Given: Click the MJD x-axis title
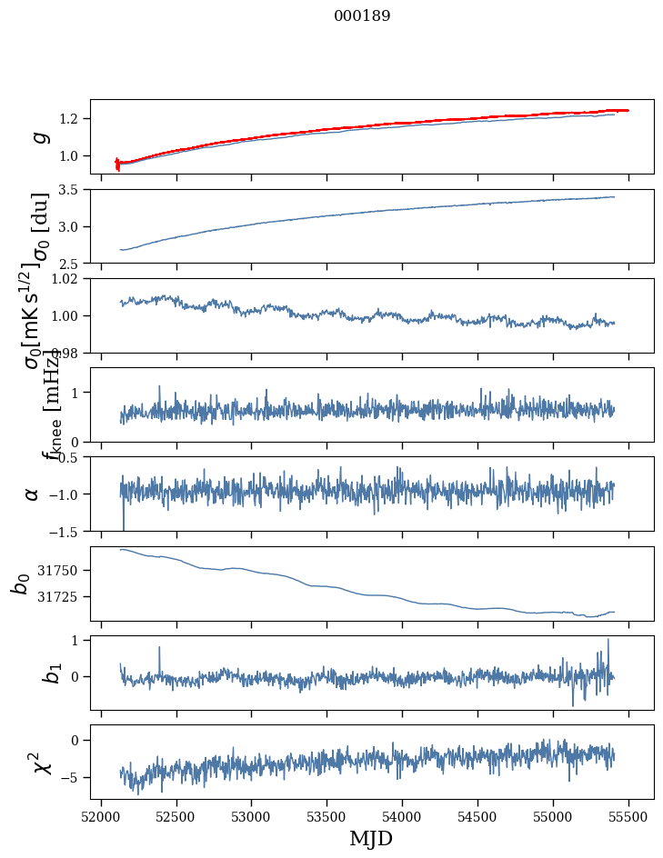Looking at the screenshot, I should (x=371, y=838).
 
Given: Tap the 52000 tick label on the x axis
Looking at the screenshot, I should (x=101, y=817).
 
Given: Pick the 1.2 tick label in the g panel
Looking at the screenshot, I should (x=71, y=119).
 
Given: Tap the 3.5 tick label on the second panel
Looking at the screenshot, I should (x=71, y=190).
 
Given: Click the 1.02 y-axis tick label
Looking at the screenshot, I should (x=67, y=279).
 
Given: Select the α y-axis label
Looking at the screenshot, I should (x=33, y=494).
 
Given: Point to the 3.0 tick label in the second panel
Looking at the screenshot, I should (x=71, y=226).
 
